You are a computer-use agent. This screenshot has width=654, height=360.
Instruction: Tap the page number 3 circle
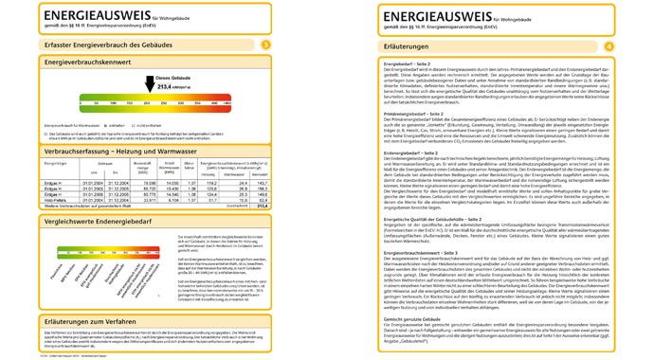265,45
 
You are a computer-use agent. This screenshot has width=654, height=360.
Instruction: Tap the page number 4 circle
609,45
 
